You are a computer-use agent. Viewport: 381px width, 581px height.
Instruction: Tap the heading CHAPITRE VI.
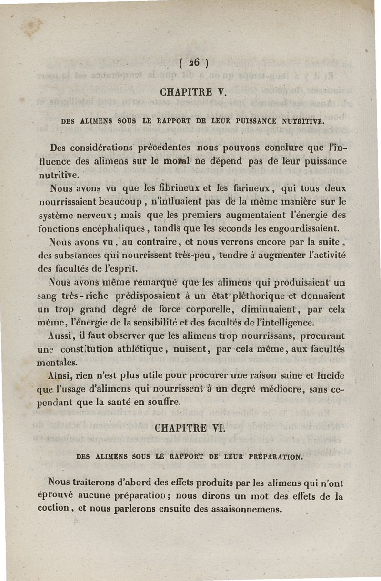coord(189,428)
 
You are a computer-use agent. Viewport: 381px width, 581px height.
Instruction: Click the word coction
coord(53,508)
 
